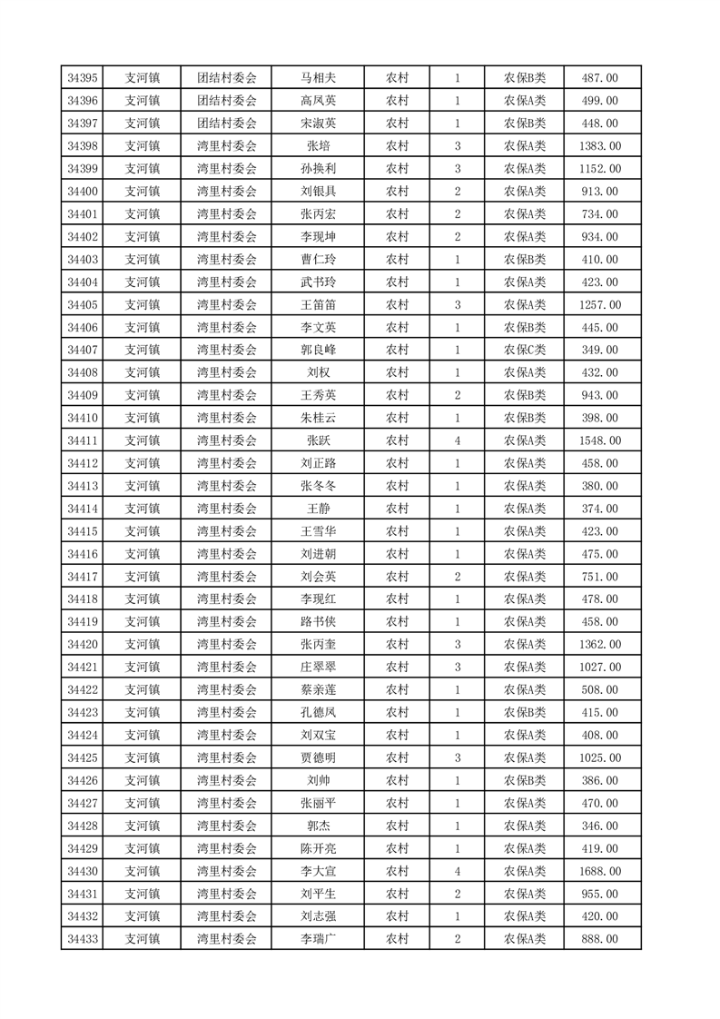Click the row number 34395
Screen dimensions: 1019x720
[83, 78]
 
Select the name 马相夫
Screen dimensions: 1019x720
[318, 78]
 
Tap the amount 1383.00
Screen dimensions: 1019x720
[599, 146]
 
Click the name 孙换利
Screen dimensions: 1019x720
[318, 169]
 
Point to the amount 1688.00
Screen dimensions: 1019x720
[599, 871]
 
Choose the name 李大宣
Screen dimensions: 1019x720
[318, 871]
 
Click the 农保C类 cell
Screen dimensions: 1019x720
[525, 350]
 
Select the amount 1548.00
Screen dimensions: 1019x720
[599, 440]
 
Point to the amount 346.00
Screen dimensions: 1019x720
[599, 826]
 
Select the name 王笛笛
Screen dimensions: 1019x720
[318, 304]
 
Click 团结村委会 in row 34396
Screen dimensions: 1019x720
[227, 101]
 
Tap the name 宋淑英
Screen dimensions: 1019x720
[318, 124]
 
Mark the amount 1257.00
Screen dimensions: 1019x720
[599, 304]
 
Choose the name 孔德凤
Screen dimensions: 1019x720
[318, 712]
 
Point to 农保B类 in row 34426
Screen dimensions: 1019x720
[525, 780]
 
